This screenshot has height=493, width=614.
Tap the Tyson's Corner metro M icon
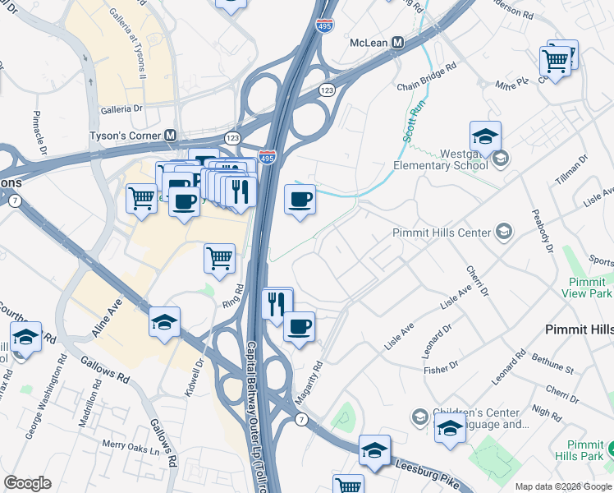[171, 136]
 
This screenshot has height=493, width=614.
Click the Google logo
[27, 483]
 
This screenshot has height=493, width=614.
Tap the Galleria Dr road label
[121, 108]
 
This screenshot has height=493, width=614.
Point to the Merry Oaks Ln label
[130, 449]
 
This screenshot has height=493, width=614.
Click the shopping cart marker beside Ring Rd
[219, 257]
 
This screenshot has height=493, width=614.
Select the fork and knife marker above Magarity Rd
[276, 302]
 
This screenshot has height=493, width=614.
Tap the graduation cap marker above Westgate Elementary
[485, 136]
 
